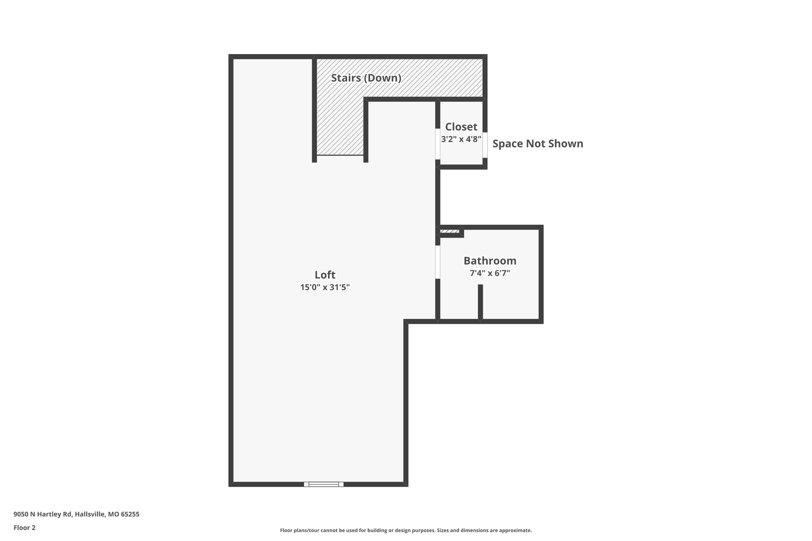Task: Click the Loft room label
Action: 325,275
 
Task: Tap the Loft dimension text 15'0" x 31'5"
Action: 325,287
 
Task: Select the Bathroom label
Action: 490,261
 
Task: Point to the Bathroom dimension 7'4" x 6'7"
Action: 490,273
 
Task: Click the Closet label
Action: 461,127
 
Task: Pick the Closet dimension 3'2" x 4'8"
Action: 461,139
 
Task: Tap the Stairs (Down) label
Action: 366,78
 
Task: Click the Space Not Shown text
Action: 538,143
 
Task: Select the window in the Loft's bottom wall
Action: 324,484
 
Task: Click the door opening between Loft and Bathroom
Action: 438,262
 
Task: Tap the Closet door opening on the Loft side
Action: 438,144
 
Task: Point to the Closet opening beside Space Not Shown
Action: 485,145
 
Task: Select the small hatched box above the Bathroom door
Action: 450,231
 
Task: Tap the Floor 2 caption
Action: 25,528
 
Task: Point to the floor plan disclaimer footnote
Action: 406,530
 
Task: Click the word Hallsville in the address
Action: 90,514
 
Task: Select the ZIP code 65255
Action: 130,514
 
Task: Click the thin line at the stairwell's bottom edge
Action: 340,155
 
